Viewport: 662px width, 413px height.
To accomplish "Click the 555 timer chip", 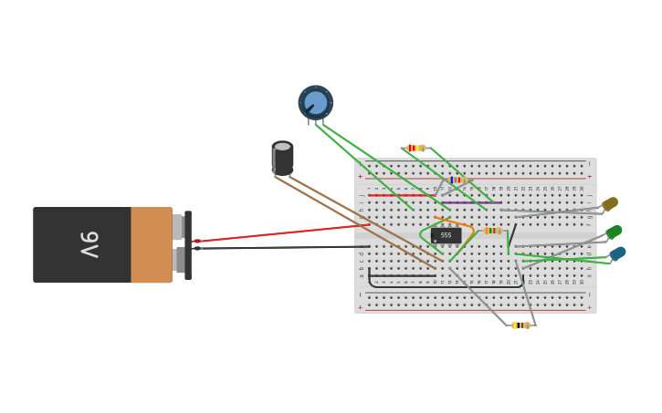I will point(446,235).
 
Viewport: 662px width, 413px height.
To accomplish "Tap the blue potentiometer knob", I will point(316,102).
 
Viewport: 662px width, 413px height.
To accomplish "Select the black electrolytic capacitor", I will point(283,159).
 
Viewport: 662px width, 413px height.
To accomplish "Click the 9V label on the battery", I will point(89,244).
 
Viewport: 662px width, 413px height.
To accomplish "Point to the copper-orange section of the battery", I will point(151,244).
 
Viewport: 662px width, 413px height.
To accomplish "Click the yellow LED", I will point(610,203).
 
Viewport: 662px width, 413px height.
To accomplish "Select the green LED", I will point(614,232).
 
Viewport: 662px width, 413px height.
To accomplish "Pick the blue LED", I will point(618,253).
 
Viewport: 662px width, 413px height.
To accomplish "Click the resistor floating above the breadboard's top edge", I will point(416,148).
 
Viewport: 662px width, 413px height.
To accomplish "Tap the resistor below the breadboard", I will point(520,325).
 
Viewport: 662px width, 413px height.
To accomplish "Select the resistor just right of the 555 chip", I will point(493,231).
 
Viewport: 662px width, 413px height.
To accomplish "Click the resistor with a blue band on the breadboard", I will point(457,181).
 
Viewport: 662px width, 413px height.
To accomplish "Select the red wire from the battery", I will point(283,232).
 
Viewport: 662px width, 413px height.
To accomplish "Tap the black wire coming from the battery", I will point(283,247).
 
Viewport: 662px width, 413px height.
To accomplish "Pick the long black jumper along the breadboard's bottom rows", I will point(402,275).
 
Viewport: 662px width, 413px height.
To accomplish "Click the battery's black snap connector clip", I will point(188,245).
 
